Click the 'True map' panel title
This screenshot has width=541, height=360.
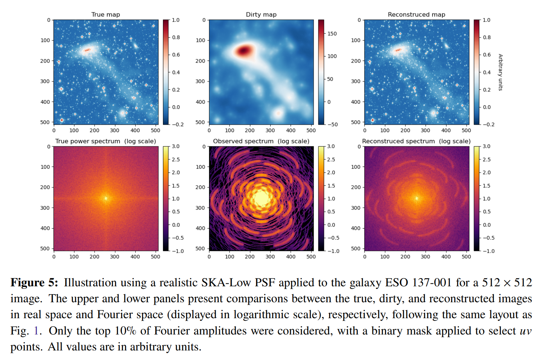(106, 15)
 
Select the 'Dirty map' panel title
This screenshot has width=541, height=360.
(261, 15)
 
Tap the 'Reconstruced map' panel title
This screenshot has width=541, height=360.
(416, 15)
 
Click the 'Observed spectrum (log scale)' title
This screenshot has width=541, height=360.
(261, 141)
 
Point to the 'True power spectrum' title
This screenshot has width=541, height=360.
(88, 141)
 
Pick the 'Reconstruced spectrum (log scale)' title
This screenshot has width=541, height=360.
(416, 141)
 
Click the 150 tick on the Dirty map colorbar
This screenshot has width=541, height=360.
(332, 34)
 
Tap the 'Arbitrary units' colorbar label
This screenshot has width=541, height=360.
(500, 72)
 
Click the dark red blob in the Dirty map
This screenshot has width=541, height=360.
(244, 51)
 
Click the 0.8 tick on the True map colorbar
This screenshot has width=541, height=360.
(176, 37)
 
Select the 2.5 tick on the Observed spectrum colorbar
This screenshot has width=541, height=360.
(331, 159)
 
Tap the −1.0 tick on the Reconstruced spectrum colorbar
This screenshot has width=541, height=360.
(489, 251)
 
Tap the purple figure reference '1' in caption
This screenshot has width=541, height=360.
(36, 331)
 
